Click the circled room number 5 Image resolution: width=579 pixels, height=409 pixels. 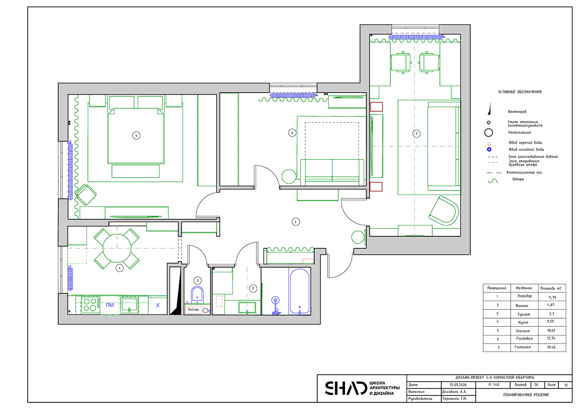pos(136,136)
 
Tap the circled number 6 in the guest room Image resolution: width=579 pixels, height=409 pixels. pos(292,133)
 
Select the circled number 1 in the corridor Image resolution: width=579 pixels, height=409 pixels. pos(296,222)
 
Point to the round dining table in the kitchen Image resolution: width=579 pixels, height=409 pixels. pos(117,248)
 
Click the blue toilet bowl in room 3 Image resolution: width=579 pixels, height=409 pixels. pos(197,295)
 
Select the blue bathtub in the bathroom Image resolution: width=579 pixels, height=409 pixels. pos(299,291)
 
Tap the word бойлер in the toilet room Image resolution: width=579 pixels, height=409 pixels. pos(194,309)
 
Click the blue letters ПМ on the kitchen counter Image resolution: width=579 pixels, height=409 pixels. pos(110,305)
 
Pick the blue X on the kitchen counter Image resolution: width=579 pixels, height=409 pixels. pos(158,305)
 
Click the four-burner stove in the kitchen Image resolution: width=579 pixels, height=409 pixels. pos(91,305)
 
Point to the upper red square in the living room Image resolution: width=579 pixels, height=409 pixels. pos(376,107)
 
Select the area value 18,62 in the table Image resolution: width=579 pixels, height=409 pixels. pos(551,331)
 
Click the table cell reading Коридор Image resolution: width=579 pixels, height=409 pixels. pos(525,296)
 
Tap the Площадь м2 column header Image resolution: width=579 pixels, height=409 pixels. pos(552,288)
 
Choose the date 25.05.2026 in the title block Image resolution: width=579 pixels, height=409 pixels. pos(458,385)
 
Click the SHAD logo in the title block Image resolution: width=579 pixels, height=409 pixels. pos(346,388)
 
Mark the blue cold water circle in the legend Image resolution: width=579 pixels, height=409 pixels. pos(489,150)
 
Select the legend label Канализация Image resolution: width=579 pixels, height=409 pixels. pos(520,133)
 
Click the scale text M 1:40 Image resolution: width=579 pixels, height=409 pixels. pos(494,385)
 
